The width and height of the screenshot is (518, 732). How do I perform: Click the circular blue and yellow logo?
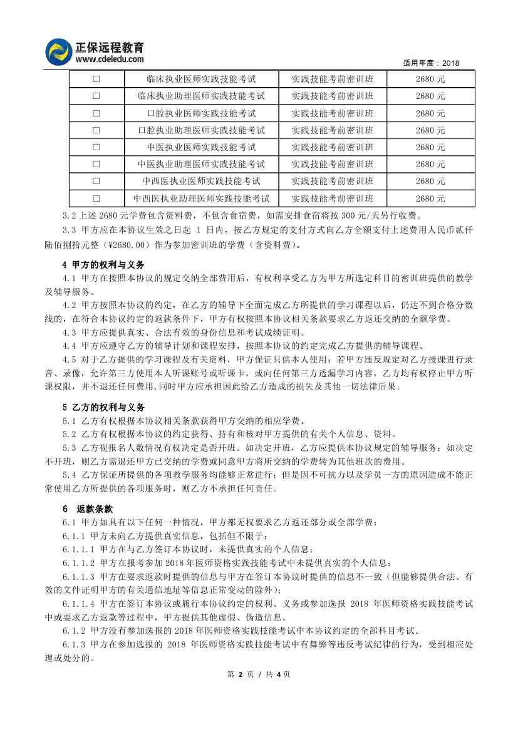click(60, 51)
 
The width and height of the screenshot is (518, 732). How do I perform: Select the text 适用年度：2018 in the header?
click(432, 63)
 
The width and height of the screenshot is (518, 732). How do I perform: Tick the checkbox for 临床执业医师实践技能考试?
click(96, 80)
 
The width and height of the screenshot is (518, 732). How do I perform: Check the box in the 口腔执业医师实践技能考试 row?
click(96, 113)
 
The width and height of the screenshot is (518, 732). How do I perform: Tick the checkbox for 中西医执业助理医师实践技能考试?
click(96, 198)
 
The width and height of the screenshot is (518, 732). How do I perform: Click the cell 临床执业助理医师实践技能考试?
click(201, 96)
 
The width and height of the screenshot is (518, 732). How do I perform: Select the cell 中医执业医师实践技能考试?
click(201, 147)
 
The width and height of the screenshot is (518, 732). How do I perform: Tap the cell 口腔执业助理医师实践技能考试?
click(201, 130)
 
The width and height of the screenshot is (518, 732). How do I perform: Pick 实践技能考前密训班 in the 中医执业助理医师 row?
click(333, 165)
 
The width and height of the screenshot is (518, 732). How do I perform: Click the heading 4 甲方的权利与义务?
click(103, 265)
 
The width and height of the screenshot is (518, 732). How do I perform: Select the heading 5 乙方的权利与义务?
click(103, 407)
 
